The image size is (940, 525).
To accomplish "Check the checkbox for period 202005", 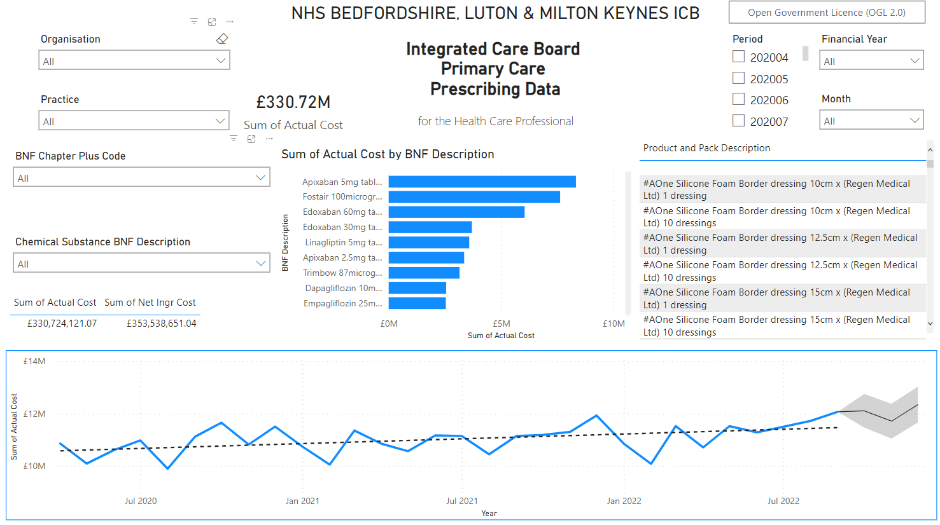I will (x=738, y=78).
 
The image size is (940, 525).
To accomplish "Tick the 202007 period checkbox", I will (x=738, y=120).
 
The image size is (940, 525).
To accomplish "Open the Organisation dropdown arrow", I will (x=220, y=61).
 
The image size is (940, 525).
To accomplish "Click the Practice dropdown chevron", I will (x=220, y=121).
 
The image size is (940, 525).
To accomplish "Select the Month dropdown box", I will (x=871, y=121).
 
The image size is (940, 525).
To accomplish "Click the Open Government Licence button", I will (x=826, y=13).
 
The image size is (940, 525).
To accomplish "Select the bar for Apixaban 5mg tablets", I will (x=482, y=182).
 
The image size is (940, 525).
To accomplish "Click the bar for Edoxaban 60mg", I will (x=456, y=212).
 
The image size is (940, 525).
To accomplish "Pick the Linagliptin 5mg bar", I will (x=428, y=242).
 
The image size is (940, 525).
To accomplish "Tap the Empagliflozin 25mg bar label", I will (x=342, y=303).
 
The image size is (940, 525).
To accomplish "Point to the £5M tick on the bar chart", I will (x=501, y=324).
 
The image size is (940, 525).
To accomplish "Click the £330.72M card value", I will (x=293, y=102).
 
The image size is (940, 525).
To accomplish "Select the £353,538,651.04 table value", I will (x=161, y=324).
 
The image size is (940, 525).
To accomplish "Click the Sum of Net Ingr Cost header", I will (x=150, y=303).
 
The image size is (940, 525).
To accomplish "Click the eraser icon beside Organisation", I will (x=221, y=39).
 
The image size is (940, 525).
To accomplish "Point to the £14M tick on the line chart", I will (x=34, y=361).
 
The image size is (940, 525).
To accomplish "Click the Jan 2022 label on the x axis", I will (x=624, y=501).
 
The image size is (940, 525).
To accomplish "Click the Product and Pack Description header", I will (x=706, y=148).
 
